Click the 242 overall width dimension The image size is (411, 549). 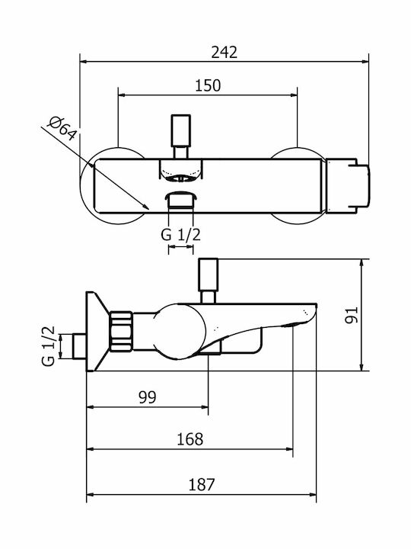pos(224,53)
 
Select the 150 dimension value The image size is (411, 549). pos(208,85)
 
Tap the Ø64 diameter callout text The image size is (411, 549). pos(62,128)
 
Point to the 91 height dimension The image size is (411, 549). pos(352,315)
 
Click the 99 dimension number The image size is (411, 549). pos(148,397)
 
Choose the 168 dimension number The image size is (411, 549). pos(190,439)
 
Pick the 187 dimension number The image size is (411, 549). pos(202,485)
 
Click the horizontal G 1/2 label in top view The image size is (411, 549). pos(180,235)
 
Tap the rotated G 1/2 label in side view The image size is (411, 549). pos(49,346)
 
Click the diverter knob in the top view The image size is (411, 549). pos(181,130)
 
